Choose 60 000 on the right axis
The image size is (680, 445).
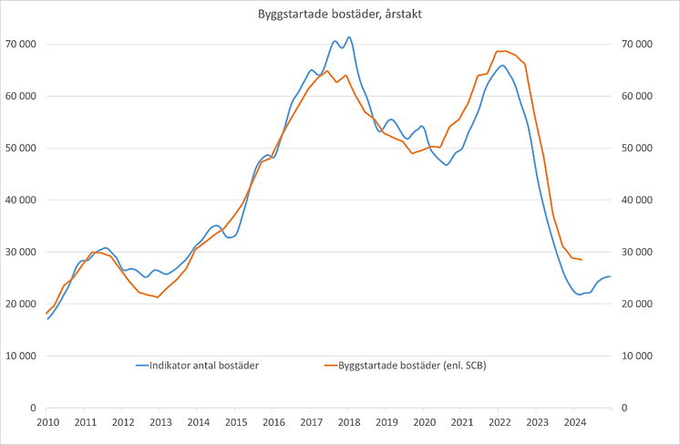[x=638, y=96]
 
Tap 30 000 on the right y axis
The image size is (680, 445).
[x=638, y=253]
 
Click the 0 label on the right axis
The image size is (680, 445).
[x=625, y=409]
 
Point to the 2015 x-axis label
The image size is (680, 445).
[x=235, y=422]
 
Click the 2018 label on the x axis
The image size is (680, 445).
[x=349, y=422]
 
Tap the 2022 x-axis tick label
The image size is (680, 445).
[x=500, y=422]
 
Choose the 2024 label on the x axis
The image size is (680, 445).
[x=575, y=422]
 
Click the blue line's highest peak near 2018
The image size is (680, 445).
[x=349, y=37]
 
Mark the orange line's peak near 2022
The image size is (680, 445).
[x=501, y=51]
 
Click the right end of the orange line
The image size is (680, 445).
[x=582, y=260]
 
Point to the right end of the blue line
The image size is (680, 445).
[x=610, y=276]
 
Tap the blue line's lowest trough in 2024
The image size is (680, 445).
[x=580, y=294]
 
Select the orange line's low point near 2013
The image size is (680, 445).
[x=158, y=297]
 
